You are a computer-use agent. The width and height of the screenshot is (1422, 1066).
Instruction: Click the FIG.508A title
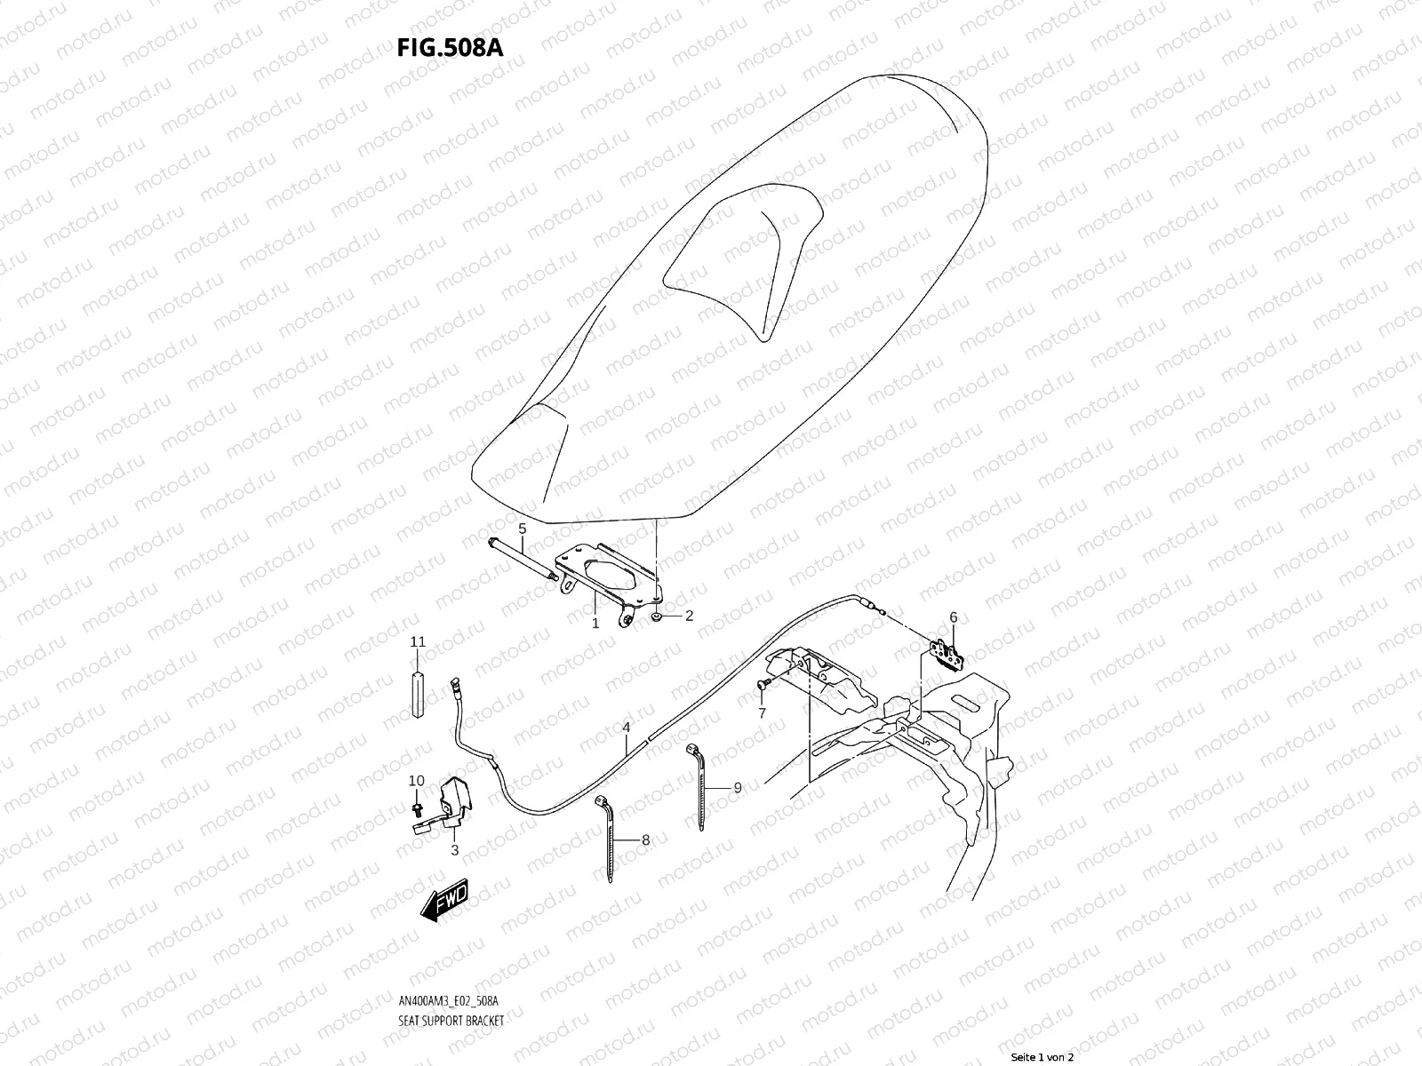(450, 47)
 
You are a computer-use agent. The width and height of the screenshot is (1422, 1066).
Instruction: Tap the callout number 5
(523, 529)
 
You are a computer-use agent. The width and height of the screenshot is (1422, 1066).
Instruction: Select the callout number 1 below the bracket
(595, 624)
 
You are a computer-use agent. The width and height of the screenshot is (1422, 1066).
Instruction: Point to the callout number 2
(688, 617)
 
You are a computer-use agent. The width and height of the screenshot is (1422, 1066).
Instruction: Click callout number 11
(418, 641)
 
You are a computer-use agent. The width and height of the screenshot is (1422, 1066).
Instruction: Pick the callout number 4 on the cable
(626, 728)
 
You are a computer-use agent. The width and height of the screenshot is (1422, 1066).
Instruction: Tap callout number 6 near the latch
(953, 617)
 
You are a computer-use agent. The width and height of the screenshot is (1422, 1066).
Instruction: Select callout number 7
(762, 713)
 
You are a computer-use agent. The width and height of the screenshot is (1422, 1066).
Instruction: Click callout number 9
(737, 787)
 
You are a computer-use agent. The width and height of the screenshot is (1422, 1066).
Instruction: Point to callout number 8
(645, 839)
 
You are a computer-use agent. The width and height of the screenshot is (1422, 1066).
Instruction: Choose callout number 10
(417, 781)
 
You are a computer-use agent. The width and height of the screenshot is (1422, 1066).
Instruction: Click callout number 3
(454, 850)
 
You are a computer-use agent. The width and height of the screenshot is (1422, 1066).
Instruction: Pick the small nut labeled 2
(655, 616)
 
